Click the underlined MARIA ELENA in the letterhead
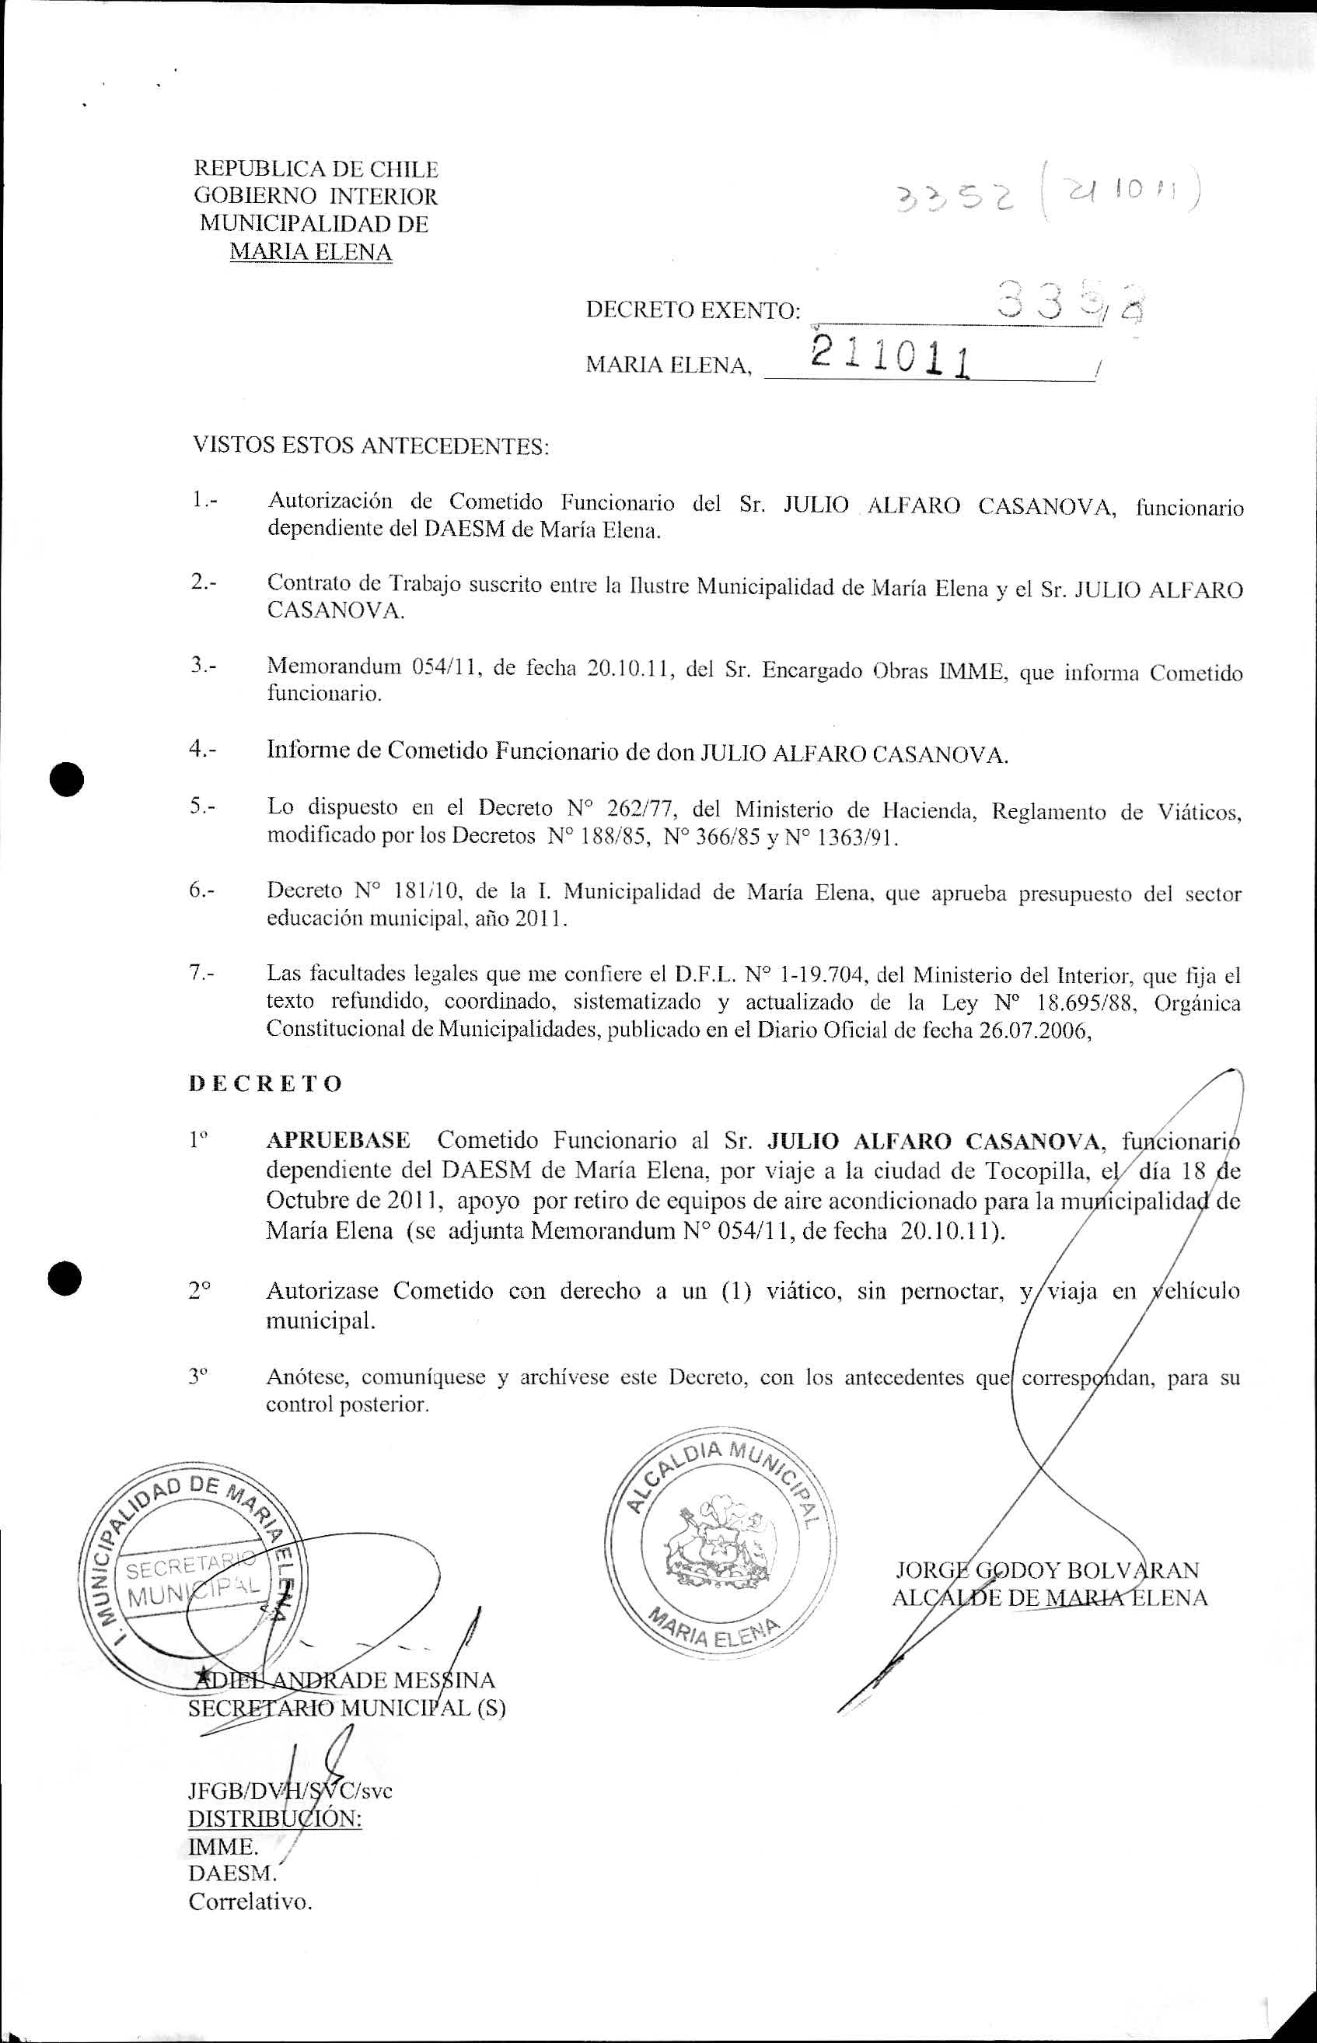310,253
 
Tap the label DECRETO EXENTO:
693,310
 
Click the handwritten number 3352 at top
951,198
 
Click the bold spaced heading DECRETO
265,1084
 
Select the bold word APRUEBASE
339,1140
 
